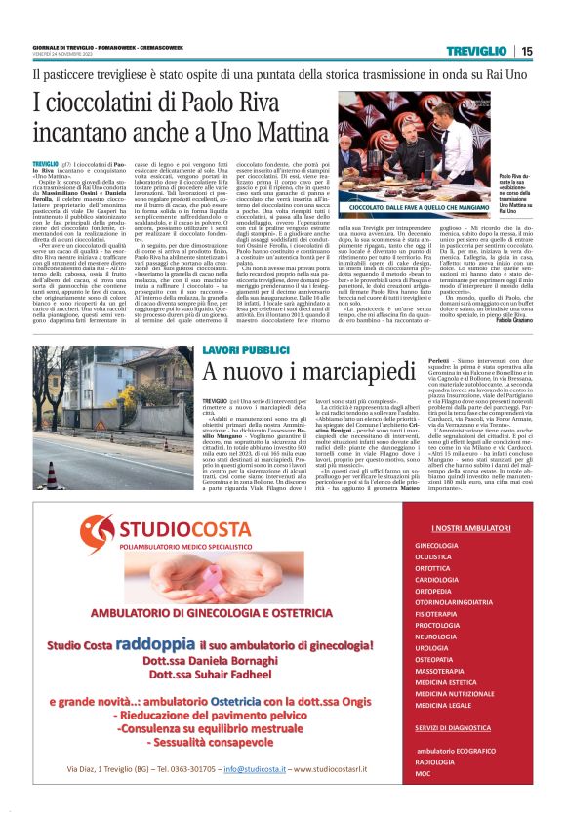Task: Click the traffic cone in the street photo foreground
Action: coord(51,475)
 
